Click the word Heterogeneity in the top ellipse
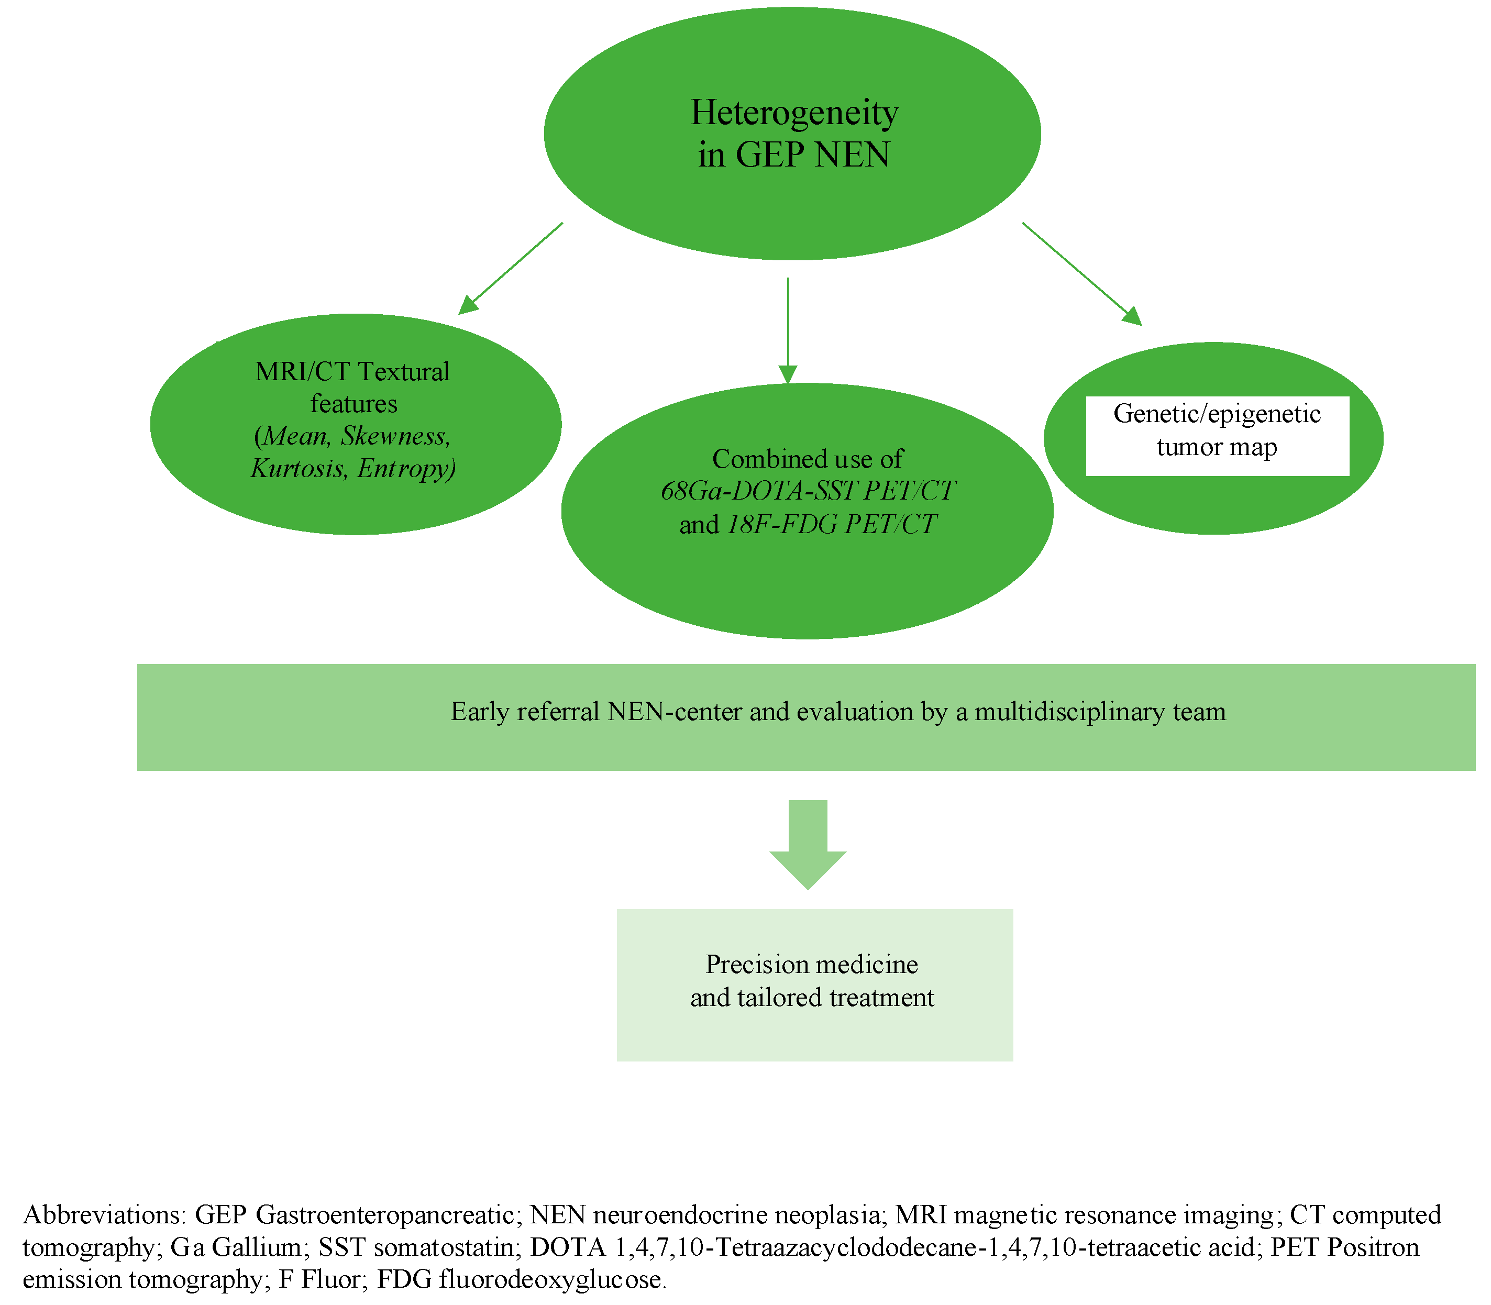[794, 113]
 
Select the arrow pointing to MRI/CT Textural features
[510, 269]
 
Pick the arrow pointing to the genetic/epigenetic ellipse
[1081, 273]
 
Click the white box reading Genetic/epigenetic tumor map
[1217, 436]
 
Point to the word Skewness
[395, 436]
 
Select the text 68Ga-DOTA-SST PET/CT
[807, 491]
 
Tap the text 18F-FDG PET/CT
[832, 524]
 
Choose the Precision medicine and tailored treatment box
[814, 984]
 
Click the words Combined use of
[807, 459]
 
